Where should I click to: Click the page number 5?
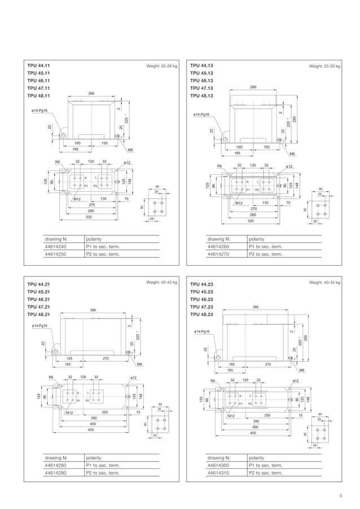pyautogui.click(x=341, y=496)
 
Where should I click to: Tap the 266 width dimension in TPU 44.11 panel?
pyautogui.click(x=91, y=93)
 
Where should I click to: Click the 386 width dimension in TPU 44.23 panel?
pyautogui.click(x=255, y=306)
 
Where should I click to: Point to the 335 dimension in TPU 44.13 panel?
pyautogui.click(x=251, y=221)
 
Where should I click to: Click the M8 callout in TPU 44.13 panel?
pyautogui.click(x=292, y=153)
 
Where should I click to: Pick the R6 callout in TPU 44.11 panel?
pyautogui.click(x=58, y=162)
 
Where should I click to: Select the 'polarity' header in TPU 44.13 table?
pyautogui.click(x=257, y=239)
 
